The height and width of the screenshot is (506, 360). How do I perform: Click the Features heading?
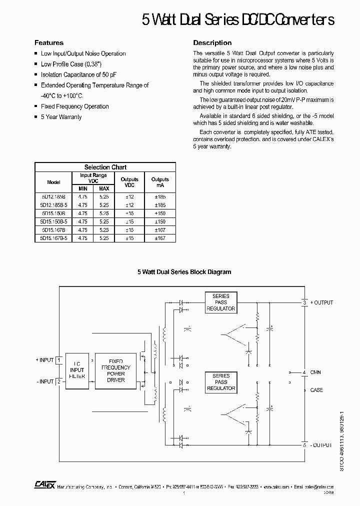pos(48,42)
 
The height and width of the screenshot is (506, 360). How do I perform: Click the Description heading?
pos(212,42)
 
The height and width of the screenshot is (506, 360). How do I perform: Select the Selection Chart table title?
pos(105,167)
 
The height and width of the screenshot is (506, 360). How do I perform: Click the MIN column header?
pos(82,188)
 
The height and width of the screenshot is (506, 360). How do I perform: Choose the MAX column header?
pos(104,188)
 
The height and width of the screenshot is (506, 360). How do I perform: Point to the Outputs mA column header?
pos(160,182)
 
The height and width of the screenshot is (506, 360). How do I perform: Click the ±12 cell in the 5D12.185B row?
pos(129,197)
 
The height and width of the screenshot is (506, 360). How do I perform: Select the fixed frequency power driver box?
pos(115,370)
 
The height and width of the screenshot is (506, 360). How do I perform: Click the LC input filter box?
pos(76,370)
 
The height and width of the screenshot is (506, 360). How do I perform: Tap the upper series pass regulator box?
pos(220,302)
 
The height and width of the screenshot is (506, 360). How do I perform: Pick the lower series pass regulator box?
pos(220,382)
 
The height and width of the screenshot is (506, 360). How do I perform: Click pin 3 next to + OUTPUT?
pos(304,302)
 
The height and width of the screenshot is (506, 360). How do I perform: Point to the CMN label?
pos(316,372)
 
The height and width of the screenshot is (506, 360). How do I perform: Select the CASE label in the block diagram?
pos(316,390)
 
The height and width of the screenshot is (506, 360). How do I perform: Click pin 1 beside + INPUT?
pos(58,360)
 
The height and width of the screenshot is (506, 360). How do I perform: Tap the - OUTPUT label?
pos(321,444)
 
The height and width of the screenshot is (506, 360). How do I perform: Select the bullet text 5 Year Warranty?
pos(61,117)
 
